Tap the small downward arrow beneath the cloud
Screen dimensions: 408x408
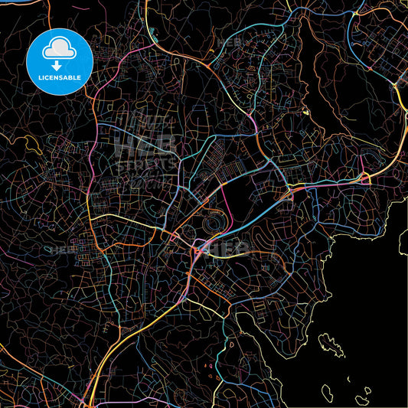click(x=58, y=66)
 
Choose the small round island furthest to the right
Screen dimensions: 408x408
click(x=367, y=391)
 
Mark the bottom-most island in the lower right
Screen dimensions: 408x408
click(x=360, y=401)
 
